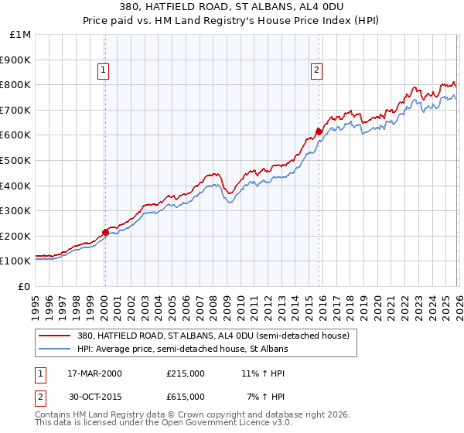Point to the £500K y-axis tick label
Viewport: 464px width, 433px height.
16,160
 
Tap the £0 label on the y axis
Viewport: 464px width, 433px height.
25,286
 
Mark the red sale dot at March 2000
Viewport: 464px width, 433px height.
106,231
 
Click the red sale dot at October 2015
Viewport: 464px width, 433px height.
319,131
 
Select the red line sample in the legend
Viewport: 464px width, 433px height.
56,336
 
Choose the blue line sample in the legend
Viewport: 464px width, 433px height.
56,349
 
